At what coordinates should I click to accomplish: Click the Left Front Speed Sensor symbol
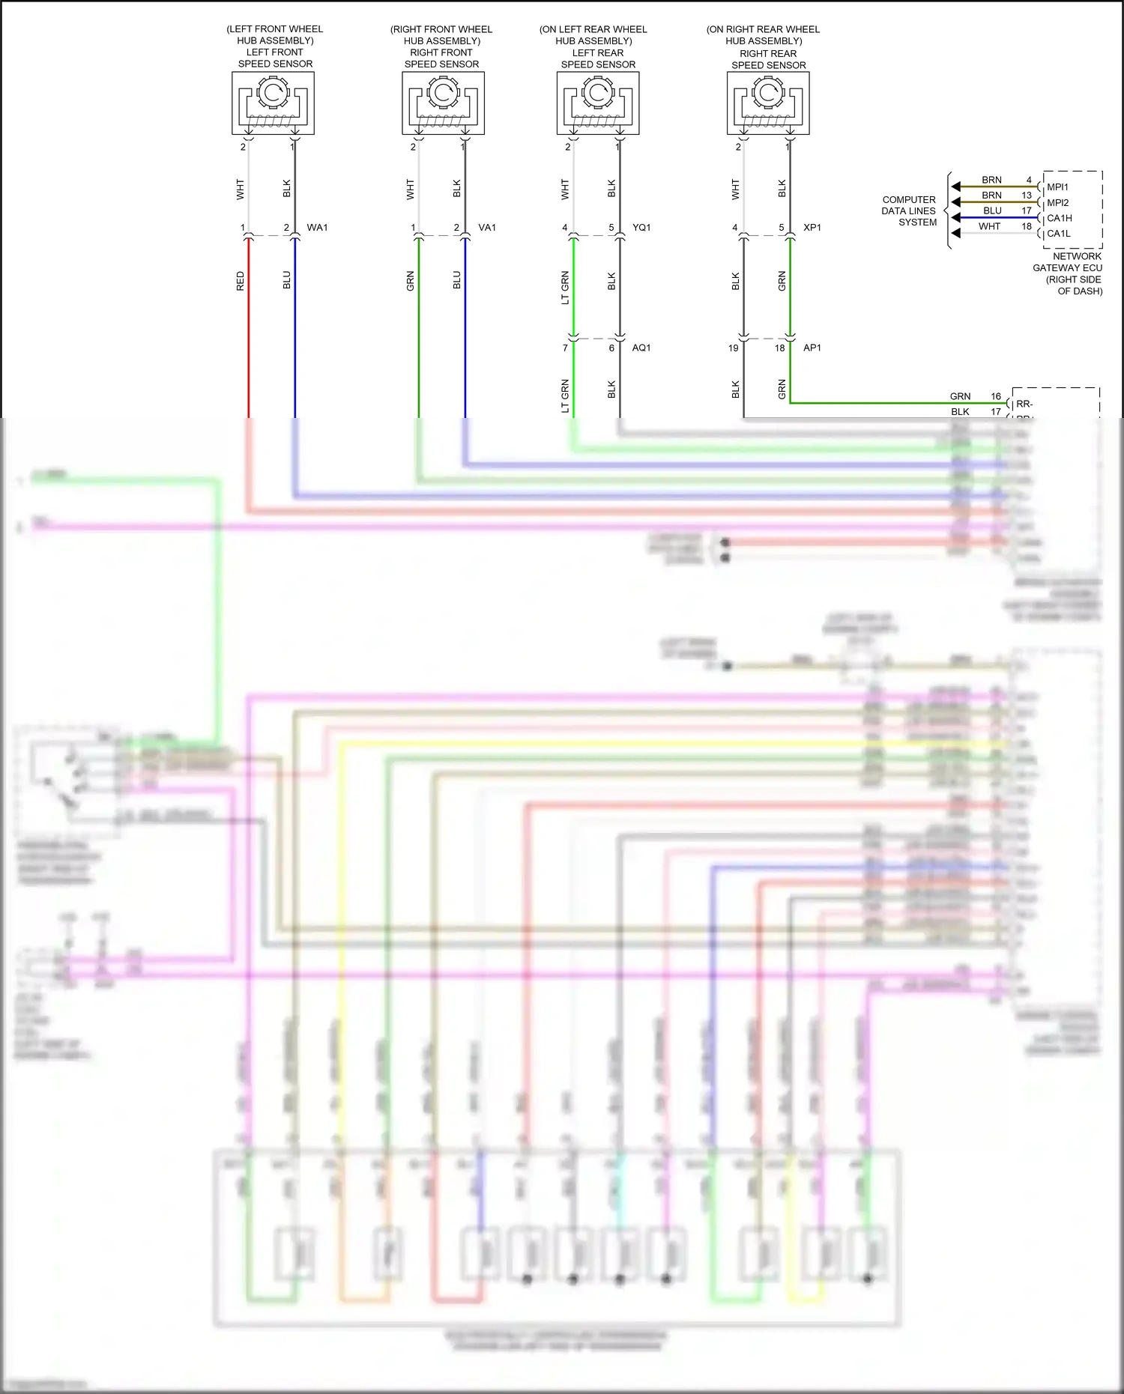pos(273,103)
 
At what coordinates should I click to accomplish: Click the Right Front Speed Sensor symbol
pos(443,103)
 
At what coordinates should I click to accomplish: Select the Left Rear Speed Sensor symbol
pos(598,103)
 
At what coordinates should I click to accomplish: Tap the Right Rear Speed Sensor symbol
pos(768,103)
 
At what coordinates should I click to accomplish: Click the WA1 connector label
pos(317,228)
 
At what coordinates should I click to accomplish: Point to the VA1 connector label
pos(487,228)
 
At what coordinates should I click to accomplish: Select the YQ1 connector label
pos(641,228)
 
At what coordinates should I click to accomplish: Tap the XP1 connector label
pos(812,228)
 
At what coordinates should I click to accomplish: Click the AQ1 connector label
pos(641,348)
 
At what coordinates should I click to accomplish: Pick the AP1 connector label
pos(812,348)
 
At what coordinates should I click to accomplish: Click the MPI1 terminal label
pos(1057,187)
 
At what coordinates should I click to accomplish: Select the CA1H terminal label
pos(1060,219)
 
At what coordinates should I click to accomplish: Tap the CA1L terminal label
pos(1059,234)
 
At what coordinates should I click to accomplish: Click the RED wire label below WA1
pos(241,281)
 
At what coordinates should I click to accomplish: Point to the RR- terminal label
pos(1024,404)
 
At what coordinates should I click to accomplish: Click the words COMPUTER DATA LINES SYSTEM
pos(910,211)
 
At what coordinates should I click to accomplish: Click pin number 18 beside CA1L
pos(1027,226)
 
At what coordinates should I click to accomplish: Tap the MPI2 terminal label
pos(1058,203)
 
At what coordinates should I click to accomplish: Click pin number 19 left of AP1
pos(734,348)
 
